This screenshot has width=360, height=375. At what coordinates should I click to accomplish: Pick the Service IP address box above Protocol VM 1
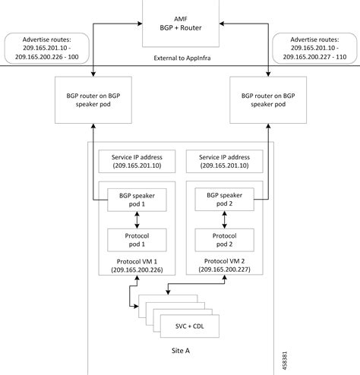(x=137, y=161)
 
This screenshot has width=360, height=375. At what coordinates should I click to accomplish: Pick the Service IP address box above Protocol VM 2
(x=223, y=161)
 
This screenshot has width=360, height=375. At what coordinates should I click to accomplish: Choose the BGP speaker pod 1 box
(x=137, y=200)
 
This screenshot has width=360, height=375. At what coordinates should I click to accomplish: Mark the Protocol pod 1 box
(x=137, y=241)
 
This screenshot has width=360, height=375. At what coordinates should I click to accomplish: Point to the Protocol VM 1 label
(x=137, y=261)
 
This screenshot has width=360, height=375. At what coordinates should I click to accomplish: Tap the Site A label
(x=180, y=354)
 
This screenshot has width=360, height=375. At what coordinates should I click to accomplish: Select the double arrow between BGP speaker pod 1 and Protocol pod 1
(x=137, y=220)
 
